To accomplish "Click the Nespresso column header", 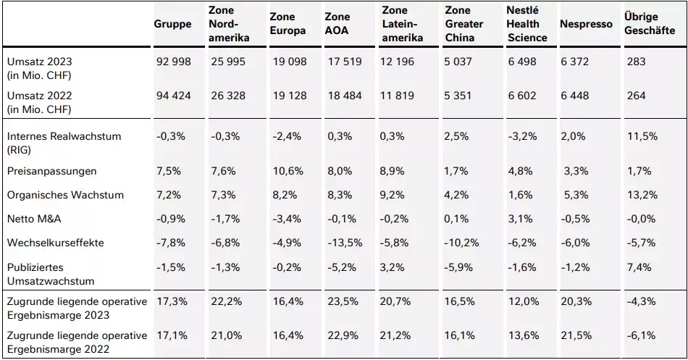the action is (x=586, y=24).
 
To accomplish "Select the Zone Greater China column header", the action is (x=464, y=24).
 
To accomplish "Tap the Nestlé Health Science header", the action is (x=527, y=24).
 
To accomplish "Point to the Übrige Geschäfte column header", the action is (x=650, y=24).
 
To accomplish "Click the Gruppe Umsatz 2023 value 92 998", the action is (x=174, y=62).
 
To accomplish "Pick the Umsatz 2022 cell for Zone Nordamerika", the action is (x=228, y=96).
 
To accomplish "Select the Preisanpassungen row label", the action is (x=51, y=171).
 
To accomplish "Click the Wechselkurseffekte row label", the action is (x=55, y=243).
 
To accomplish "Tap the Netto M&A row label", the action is (x=34, y=219).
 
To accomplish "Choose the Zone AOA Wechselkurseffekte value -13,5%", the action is (x=345, y=243).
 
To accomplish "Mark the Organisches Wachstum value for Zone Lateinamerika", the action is (x=393, y=195).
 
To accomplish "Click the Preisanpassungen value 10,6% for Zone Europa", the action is (x=288, y=171).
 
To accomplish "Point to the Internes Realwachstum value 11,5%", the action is (x=642, y=136).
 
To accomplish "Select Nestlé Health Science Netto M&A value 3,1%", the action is (x=521, y=219).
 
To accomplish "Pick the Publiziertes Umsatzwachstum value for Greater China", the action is (x=458, y=267).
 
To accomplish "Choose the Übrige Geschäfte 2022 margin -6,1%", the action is (x=641, y=335).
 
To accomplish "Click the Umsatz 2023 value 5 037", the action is (x=458, y=62).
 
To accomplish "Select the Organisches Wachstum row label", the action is (x=65, y=195).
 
